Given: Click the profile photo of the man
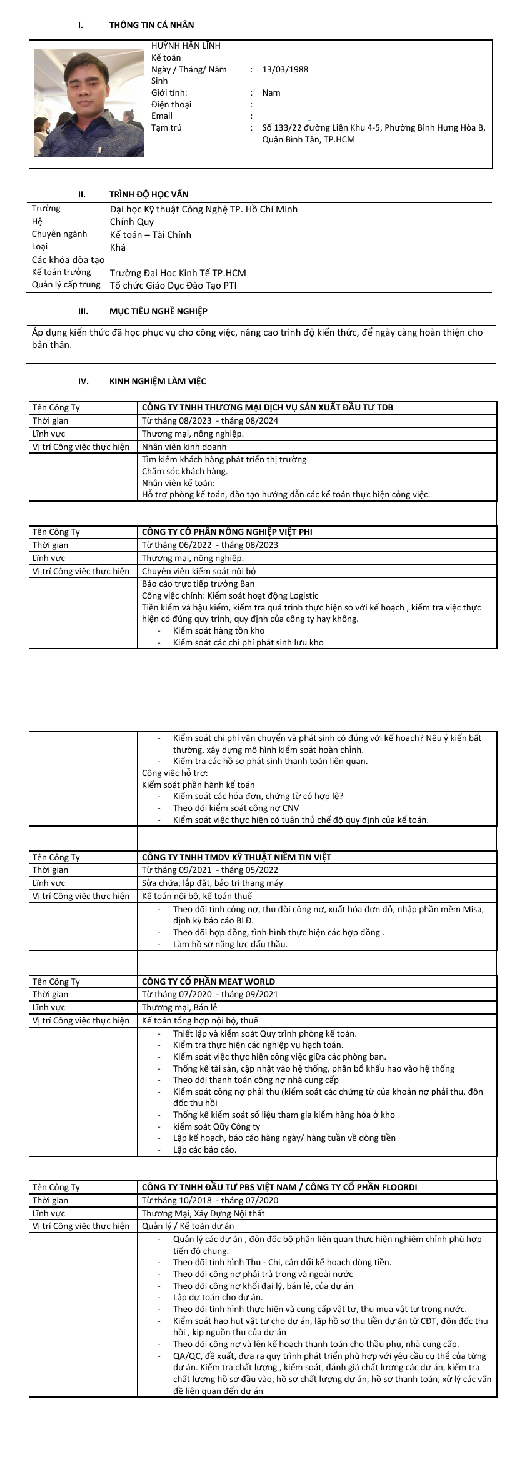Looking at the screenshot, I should [89, 102].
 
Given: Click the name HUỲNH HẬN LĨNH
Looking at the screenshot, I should [186, 46].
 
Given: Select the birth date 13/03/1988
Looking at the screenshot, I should [285, 69].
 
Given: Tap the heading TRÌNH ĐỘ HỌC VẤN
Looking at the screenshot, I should [149, 194].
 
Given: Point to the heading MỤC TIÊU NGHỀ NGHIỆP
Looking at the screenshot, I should [158, 311].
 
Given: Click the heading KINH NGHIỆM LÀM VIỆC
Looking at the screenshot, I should [158, 381].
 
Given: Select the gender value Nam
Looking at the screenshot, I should [271, 92].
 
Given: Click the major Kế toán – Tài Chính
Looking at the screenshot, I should [151, 235].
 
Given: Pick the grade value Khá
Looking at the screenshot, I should [118, 247].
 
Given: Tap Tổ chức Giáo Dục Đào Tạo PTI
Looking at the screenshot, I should [173, 286].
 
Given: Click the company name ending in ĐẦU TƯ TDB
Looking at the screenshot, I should [268, 407].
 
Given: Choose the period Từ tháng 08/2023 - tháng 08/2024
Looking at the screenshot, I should [210, 420].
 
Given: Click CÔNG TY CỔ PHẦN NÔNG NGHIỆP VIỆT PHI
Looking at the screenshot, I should [227, 532].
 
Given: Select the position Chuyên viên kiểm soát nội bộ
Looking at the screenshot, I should [199, 571].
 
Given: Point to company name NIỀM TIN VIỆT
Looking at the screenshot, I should [236, 857].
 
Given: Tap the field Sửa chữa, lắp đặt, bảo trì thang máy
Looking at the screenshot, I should [212, 883].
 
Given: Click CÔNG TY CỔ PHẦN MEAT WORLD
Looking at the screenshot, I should [208, 982].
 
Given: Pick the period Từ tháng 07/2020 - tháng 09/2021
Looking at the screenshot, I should [210, 994].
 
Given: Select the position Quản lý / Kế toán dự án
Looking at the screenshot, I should [188, 1226].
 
